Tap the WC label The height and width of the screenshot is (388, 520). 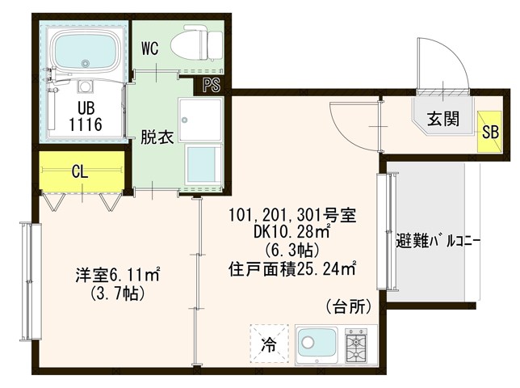tap(151, 48)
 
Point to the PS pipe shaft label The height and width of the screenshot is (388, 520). tap(212, 83)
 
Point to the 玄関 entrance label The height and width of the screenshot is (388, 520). tap(444, 119)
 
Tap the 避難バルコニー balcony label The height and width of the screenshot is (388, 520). tap(438, 240)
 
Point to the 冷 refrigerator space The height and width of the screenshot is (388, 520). tap(268, 344)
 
